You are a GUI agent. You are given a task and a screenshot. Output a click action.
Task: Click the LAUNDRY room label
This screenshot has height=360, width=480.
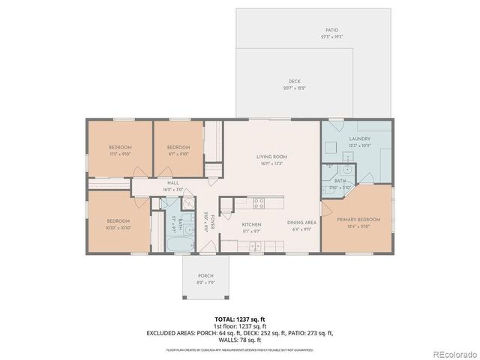360,139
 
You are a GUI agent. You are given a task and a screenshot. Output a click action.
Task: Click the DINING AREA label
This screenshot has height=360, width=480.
301,222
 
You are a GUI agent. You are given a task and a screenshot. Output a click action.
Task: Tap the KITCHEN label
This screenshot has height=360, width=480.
250,224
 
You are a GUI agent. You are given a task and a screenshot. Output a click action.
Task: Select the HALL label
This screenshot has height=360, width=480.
172,183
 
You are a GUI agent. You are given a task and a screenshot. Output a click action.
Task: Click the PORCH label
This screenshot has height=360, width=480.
205,275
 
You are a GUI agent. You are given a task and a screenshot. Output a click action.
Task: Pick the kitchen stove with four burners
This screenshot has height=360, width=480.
259,202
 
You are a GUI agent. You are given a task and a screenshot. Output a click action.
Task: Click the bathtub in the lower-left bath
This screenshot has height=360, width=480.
178,244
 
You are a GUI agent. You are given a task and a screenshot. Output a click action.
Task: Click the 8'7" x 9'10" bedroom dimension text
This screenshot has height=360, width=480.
178,154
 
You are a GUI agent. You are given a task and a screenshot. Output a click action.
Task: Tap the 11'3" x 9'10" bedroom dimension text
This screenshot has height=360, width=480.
120,154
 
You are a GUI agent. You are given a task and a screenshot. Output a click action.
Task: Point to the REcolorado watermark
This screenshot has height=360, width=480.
451,353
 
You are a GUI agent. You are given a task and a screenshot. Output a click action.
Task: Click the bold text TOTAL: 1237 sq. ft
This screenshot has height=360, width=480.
240,319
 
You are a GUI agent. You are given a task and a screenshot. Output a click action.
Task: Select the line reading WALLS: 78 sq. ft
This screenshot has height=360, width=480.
240,340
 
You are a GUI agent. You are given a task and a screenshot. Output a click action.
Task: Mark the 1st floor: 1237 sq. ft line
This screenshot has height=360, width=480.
240,326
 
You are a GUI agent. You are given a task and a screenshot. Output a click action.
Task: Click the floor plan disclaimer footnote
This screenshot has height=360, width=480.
240,349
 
